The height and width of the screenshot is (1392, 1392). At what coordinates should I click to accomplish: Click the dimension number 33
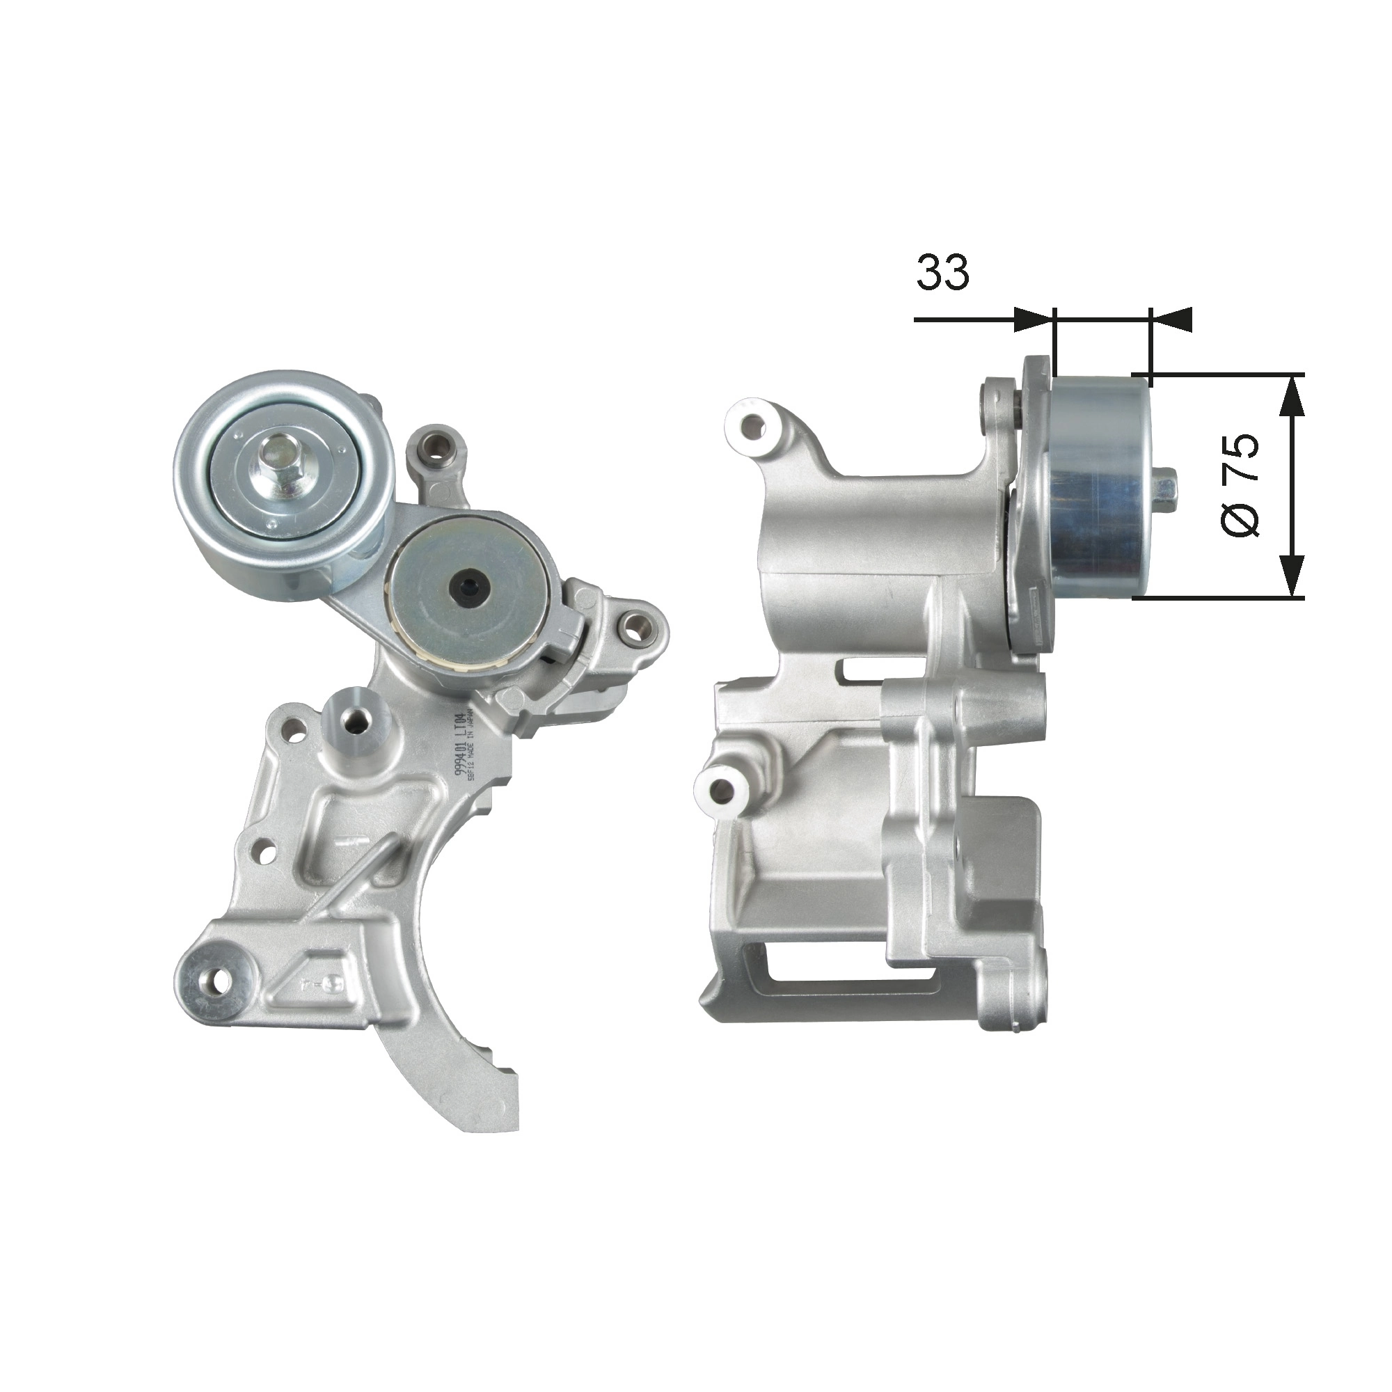pyautogui.click(x=942, y=272)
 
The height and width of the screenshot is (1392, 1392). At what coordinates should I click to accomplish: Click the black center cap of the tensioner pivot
pyautogui.click(x=466, y=587)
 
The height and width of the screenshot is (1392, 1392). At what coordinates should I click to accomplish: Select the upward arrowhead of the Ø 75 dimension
pyautogui.click(x=1293, y=395)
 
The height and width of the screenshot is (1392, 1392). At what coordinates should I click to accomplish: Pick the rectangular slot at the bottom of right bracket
pyautogui.click(x=851, y=965)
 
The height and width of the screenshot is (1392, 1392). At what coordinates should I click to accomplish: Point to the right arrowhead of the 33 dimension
pyautogui.click(x=1171, y=319)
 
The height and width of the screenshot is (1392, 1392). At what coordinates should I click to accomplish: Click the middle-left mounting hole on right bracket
pyautogui.click(x=720, y=790)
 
